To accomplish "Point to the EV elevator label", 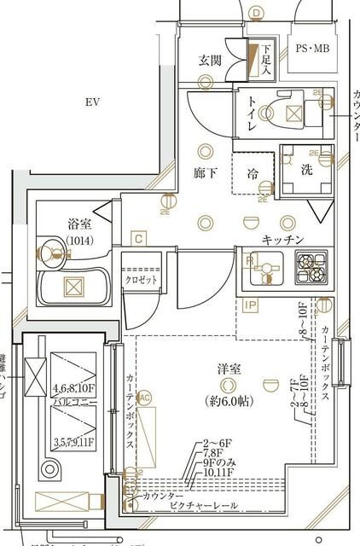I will [x=93, y=102].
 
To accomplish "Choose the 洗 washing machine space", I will [x=305, y=169].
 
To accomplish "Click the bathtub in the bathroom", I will [x=74, y=287].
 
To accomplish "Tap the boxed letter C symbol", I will [x=138, y=239].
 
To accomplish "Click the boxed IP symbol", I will [x=251, y=305].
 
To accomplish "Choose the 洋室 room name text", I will [x=228, y=369].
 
